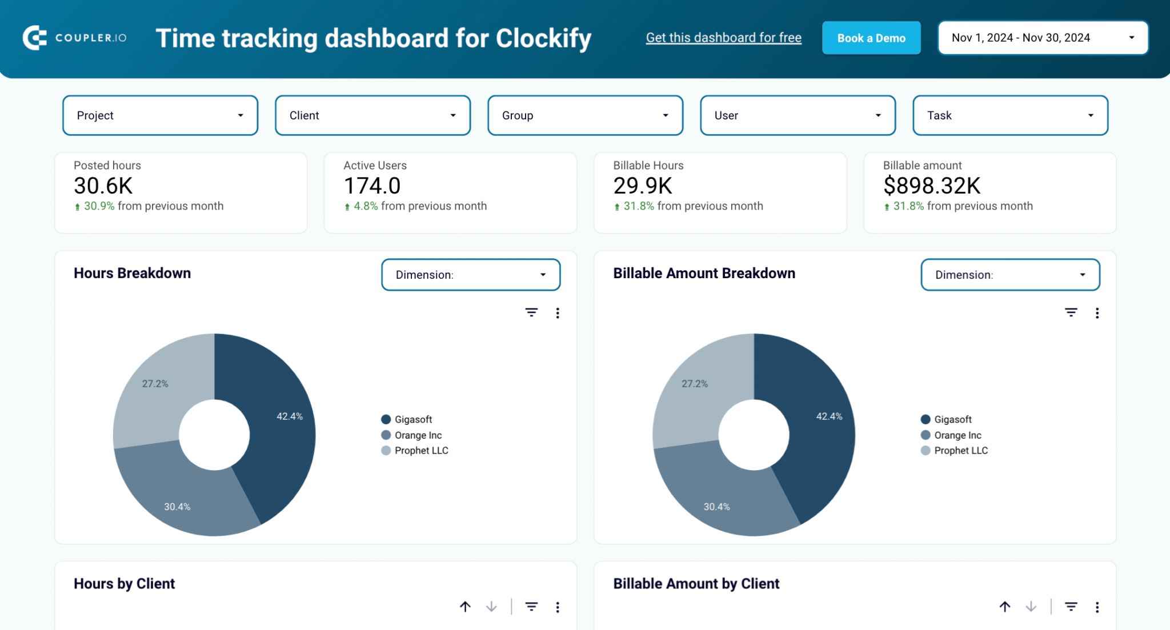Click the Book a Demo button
pyautogui.click(x=871, y=38)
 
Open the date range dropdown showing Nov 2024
pyautogui.click(x=1042, y=38)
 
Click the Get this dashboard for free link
pyautogui.click(x=723, y=38)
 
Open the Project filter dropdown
pyautogui.click(x=160, y=115)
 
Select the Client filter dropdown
pyautogui.click(x=372, y=115)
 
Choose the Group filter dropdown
pyautogui.click(x=585, y=115)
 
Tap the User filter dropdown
pyautogui.click(x=798, y=115)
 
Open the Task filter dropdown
pyautogui.click(x=1010, y=115)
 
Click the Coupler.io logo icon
pyautogui.click(x=34, y=38)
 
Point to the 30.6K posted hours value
pyautogui.click(x=103, y=186)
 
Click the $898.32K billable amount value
pyautogui.click(x=931, y=186)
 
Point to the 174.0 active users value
pyautogui.click(x=372, y=186)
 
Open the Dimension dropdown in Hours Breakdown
pyautogui.click(x=470, y=275)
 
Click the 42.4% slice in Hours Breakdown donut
pyautogui.click(x=280, y=423)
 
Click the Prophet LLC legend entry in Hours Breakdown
pyautogui.click(x=420, y=451)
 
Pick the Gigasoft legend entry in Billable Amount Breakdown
pyautogui.click(x=952, y=419)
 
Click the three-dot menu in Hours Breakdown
pyautogui.click(x=558, y=313)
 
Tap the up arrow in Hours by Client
pyautogui.click(x=465, y=607)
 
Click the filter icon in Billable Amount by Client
pyautogui.click(x=1071, y=607)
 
